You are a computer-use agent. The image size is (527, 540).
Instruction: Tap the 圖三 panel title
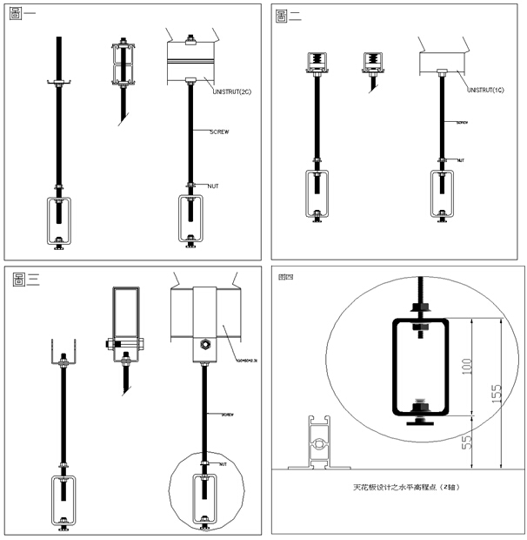pyautogui.click(x=27, y=279)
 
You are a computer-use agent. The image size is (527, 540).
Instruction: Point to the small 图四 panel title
pyautogui.click(x=284, y=278)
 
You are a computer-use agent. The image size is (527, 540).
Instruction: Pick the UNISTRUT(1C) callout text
pyautogui.click(x=488, y=90)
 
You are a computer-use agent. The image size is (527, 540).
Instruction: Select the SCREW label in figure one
pyautogui.click(x=219, y=132)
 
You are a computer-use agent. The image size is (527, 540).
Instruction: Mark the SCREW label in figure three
pyautogui.click(x=230, y=414)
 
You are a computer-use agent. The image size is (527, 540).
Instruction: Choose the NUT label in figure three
pyautogui.click(x=223, y=464)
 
